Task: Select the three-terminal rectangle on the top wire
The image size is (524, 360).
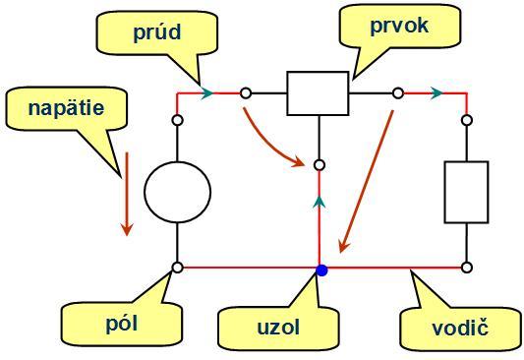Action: coord(318,93)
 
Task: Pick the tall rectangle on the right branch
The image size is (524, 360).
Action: coord(466,192)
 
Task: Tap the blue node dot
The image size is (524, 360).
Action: coord(321,268)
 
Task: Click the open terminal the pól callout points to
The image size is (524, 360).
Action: coord(177,267)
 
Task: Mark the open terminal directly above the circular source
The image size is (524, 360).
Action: coord(177,120)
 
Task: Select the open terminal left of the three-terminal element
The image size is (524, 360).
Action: coord(246,93)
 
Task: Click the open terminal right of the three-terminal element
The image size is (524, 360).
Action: coord(397,93)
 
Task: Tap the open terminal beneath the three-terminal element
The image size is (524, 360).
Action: coord(319,165)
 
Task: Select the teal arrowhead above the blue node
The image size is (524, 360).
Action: coord(319,202)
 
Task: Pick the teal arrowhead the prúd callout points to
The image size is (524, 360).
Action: coord(206,93)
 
